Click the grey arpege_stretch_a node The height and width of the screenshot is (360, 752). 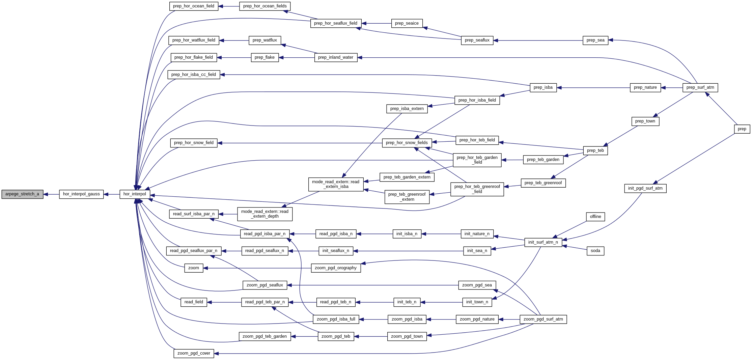pos(22,194)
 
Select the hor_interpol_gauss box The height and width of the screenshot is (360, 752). pos(81,194)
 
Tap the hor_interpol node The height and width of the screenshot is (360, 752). pos(135,194)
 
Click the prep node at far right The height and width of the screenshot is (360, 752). pos(742,129)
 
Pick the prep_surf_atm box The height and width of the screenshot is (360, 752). pos(700,88)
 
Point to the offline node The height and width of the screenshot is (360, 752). pos(595,217)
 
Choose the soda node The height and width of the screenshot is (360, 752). pos(595,251)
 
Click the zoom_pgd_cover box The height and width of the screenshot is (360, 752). pos(194,354)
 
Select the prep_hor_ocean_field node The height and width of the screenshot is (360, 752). pos(194,6)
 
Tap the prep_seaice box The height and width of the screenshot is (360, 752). pos(407,24)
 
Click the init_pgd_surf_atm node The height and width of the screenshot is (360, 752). pos(645,189)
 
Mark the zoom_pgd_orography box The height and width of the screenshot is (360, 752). pos(336,268)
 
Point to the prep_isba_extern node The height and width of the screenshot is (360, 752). pos(407,109)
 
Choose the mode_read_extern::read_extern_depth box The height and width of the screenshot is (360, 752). pos(265,214)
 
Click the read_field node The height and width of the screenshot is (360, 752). pos(194,302)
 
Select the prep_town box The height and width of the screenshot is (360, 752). pos(645,121)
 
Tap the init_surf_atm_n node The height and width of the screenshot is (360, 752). pos(543,243)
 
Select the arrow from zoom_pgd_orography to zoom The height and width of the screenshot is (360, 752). pos(257,268)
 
